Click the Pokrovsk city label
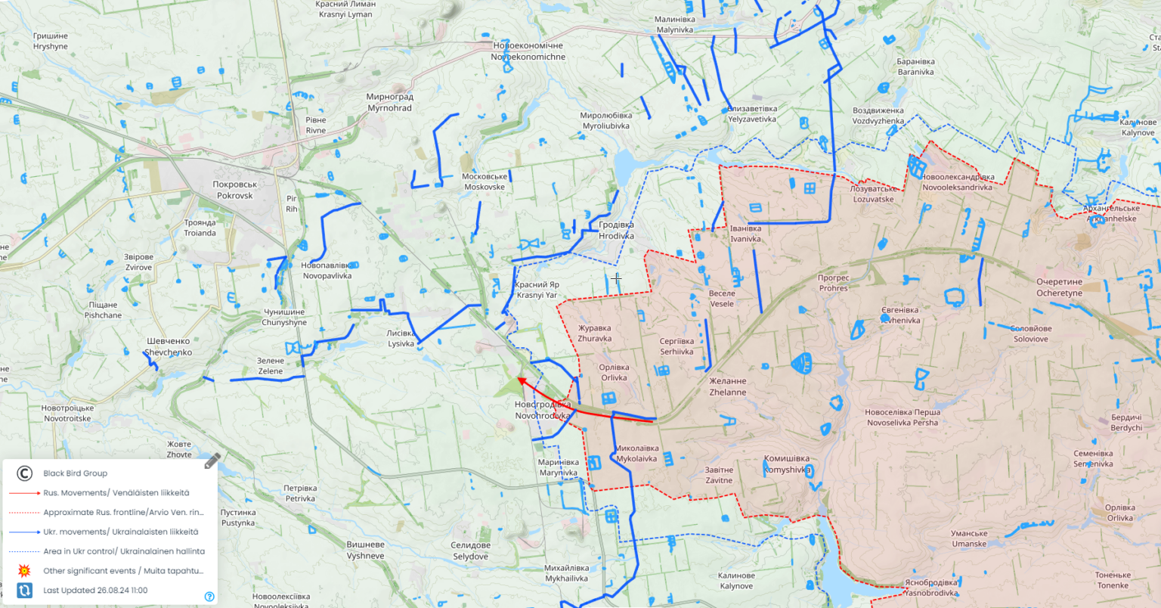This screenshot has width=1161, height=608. (235, 190)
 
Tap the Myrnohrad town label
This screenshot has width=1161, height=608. (390, 102)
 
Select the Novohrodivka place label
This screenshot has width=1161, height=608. (543, 410)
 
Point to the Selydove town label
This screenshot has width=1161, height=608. (470, 551)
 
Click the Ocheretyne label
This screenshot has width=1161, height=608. (1059, 287)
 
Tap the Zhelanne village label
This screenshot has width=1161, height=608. (728, 386)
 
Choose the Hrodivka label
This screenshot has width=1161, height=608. (616, 231)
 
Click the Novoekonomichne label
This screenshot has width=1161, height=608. (528, 51)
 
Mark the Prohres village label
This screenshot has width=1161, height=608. (833, 283)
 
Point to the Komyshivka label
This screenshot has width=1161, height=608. (787, 464)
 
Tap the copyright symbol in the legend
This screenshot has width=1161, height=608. (24, 473)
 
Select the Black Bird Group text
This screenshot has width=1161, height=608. (75, 473)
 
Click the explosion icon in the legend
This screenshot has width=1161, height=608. (24, 571)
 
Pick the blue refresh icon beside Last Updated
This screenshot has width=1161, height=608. (24, 591)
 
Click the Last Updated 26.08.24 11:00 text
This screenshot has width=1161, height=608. (95, 591)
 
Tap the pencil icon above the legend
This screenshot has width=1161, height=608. (212, 461)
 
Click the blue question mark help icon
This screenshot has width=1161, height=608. (209, 597)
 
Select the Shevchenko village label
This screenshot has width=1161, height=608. (168, 346)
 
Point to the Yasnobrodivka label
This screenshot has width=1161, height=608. (931, 588)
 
